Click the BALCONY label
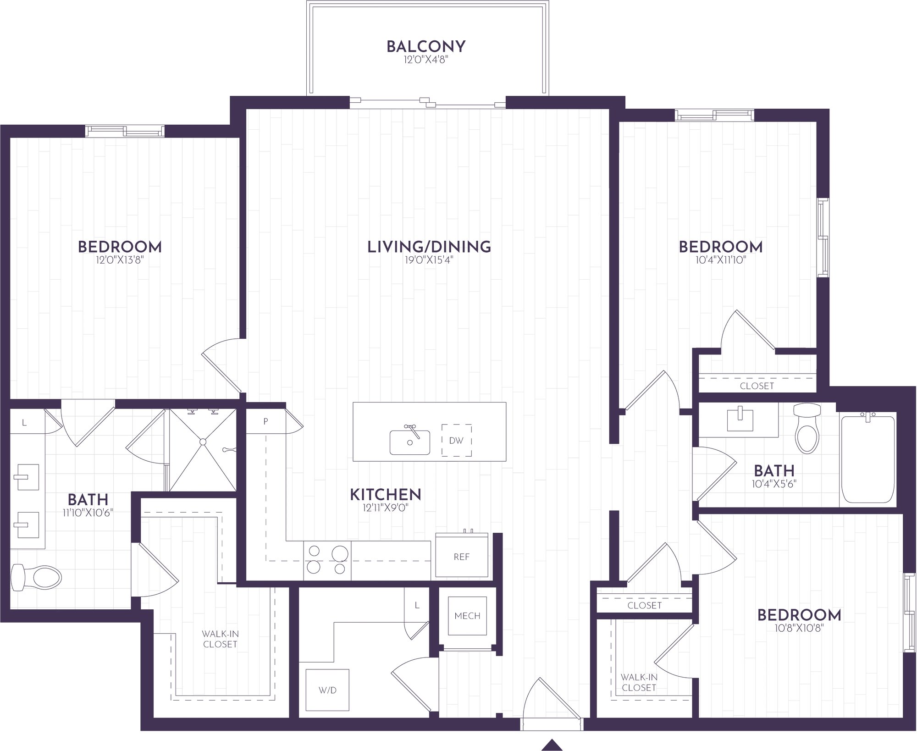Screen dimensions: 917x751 [x=426, y=46]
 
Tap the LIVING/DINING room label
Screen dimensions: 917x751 [x=429, y=247]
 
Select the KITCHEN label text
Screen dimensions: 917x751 [x=386, y=494]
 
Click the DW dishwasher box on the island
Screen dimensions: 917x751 [x=457, y=440]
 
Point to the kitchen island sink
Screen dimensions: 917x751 [x=409, y=442]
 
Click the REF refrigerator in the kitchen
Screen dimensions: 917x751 [x=462, y=556]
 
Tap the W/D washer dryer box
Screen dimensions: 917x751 [x=327, y=690]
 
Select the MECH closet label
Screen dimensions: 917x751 [x=467, y=616]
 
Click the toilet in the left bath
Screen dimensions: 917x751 [x=36, y=578]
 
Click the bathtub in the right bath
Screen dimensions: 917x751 [x=867, y=459]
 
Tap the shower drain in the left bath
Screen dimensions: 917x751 [x=202, y=442]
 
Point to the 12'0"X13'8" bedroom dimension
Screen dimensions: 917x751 [x=120, y=260]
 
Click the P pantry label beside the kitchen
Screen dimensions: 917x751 [x=265, y=421]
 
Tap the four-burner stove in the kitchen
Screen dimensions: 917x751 [x=327, y=560]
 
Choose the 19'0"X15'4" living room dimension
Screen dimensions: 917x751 [x=429, y=260]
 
